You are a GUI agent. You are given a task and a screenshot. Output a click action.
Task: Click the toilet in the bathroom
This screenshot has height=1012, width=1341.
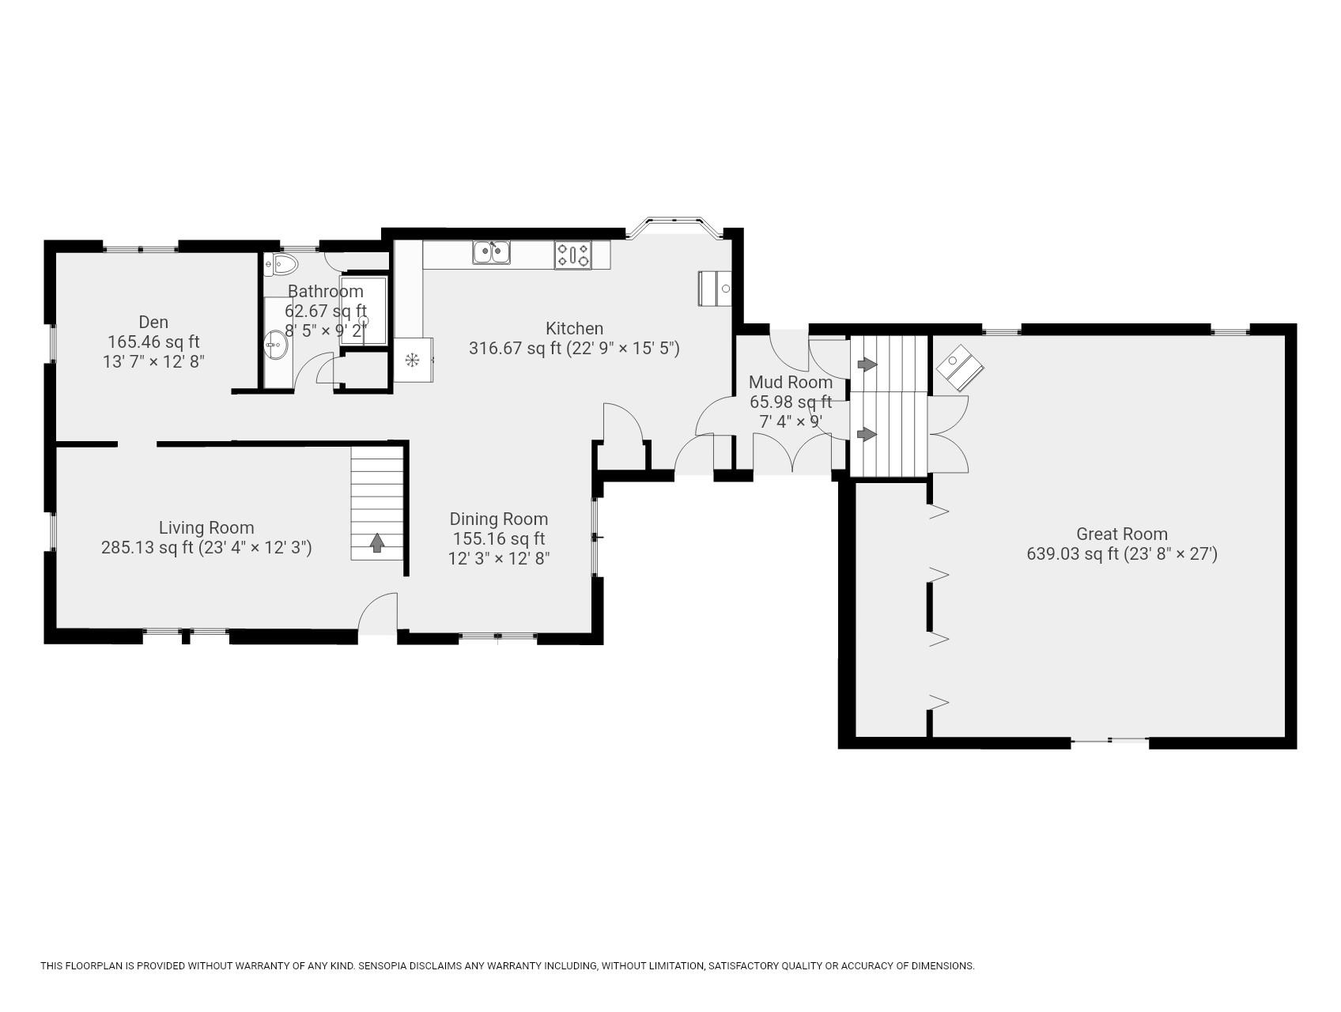(281, 264)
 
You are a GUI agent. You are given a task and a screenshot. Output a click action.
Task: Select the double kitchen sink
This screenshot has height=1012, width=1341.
(492, 252)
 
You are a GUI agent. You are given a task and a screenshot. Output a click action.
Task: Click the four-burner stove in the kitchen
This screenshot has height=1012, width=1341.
(572, 255)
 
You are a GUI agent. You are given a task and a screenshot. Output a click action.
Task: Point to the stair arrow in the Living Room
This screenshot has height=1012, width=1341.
(377, 542)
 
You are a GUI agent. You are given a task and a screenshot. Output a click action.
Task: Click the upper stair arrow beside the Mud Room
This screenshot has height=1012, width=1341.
(867, 364)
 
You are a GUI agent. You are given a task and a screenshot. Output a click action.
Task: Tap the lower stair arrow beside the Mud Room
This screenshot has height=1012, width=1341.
(867, 434)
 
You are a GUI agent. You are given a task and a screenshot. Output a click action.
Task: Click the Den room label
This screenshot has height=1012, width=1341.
(153, 322)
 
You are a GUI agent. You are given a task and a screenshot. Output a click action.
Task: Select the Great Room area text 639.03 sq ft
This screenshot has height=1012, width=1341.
(1073, 554)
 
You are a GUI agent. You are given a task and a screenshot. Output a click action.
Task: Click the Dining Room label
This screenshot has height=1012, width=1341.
(498, 519)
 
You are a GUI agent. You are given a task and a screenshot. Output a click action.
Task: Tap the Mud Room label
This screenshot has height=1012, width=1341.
(790, 383)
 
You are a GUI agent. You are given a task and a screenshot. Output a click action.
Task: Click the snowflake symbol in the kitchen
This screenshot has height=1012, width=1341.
(412, 361)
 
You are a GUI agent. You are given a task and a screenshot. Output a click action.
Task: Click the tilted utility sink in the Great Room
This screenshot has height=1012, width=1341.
(960, 367)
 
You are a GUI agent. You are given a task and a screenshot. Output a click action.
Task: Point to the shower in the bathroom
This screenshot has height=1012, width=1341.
(365, 310)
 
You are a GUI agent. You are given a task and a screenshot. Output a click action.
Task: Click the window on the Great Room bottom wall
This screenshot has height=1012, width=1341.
(1109, 740)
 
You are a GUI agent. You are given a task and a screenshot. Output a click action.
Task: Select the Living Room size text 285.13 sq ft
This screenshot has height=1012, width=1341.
(147, 547)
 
